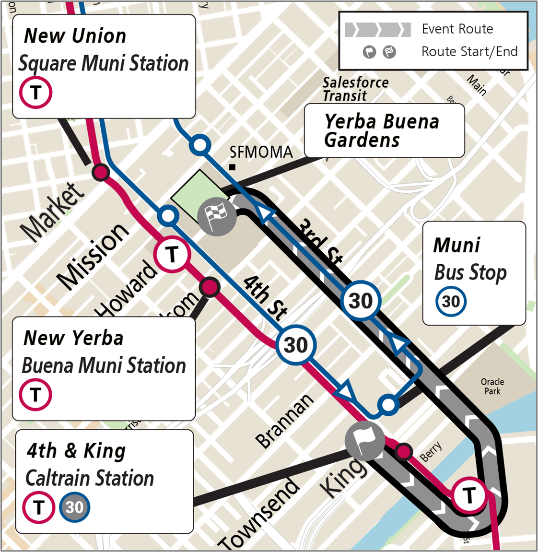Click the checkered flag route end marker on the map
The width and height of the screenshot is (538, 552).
(217, 217)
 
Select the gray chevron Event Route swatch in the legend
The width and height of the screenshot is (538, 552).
(378, 29)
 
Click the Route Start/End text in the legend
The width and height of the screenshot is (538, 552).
(469, 51)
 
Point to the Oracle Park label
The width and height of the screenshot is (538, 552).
(492, 387)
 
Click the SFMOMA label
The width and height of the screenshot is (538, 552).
(261, 153)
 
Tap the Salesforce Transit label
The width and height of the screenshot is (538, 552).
(355, 89)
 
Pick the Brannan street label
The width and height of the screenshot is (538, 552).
(284, 420)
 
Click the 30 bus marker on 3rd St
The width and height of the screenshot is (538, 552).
(361, 301)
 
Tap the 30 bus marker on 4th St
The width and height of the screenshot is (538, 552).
(296, 344)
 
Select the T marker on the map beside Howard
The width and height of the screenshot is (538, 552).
(172, 254)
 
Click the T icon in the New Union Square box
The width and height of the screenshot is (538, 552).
(35, 92)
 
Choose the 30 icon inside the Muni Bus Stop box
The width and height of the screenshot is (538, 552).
(450, 302)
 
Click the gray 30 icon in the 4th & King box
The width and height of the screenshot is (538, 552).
(74, 507)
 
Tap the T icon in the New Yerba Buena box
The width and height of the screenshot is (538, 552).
(35, 394)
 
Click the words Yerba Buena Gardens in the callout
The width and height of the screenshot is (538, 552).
(381, 130)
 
